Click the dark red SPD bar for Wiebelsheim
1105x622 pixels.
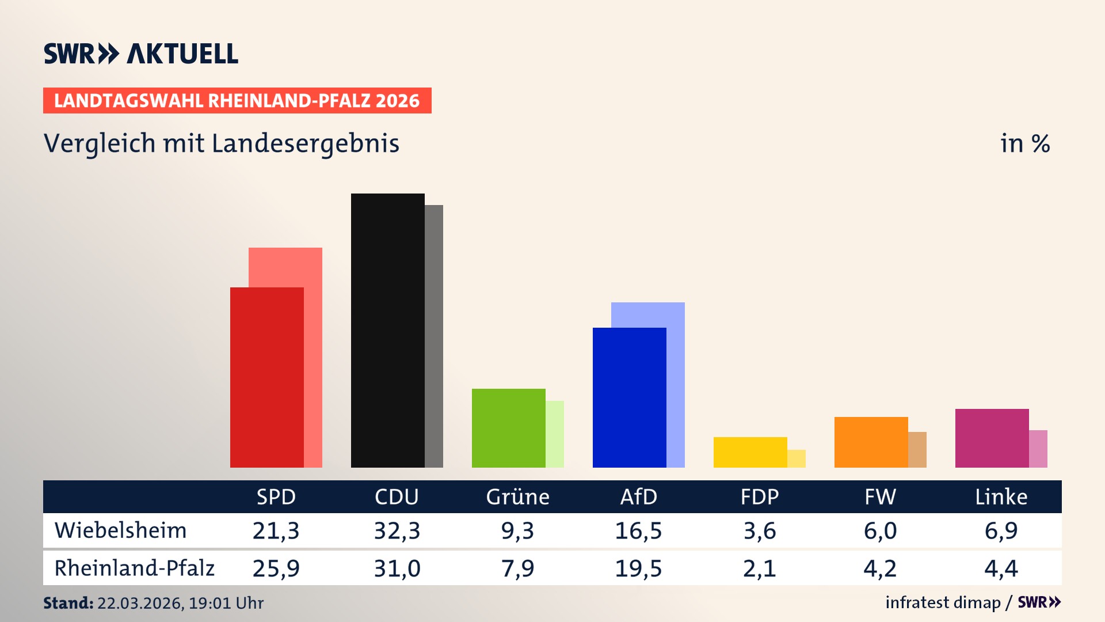(x=266, y=377)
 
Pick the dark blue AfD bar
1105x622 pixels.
(x=629, y=397)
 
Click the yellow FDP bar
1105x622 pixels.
(x=750, y=452)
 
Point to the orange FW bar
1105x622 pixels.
(x=871, y=442)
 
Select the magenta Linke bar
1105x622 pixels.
(x=992, y=438)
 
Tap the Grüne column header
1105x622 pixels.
(x=517, y=496)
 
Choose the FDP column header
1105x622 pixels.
(x=759, y=496)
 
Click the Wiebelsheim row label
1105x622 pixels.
(x=120, y=530)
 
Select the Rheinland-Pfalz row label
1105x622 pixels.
(x=134, y=568)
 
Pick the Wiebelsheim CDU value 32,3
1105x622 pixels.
(x=397, y=530)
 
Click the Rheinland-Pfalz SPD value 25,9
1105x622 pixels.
(x=276, y=568)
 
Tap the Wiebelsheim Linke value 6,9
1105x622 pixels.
(x=1001, y=530)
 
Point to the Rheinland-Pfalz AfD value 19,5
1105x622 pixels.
(x=638, y=568)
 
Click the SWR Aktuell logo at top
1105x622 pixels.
(x=140, y=54)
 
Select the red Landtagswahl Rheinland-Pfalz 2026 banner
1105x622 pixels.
(x=237, y=101)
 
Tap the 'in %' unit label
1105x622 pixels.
(x=1024, y=143)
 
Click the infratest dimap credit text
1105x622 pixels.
(x=943, y=602)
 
